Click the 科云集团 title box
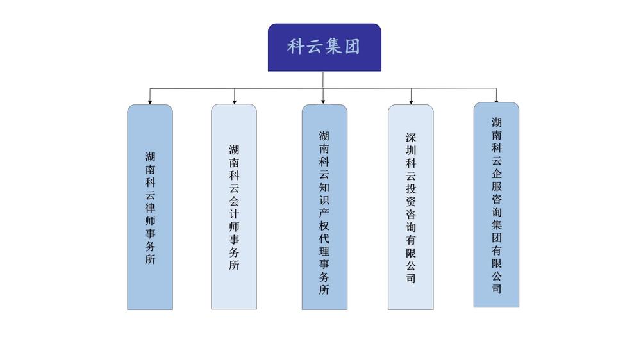tap(324, 47)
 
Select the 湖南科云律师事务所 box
tap(150, 207)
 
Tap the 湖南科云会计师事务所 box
tap(234, 207)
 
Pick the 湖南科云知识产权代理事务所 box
tap(324, 207)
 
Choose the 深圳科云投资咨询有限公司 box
tap(410, 207)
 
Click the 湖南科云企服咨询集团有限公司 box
tap(496, 204)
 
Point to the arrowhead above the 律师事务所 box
tap(150, 101)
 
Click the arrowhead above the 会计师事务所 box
tap(235, 101)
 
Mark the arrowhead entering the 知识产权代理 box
tap(323, 101)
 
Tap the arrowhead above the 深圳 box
tap(411, 101)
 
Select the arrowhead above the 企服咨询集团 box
tap(496, 99)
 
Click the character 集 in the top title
tap(334, 47)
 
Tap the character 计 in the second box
tap(234, 213)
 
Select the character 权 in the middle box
tap(324, 227)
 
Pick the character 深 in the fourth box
tap(411, 137)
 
